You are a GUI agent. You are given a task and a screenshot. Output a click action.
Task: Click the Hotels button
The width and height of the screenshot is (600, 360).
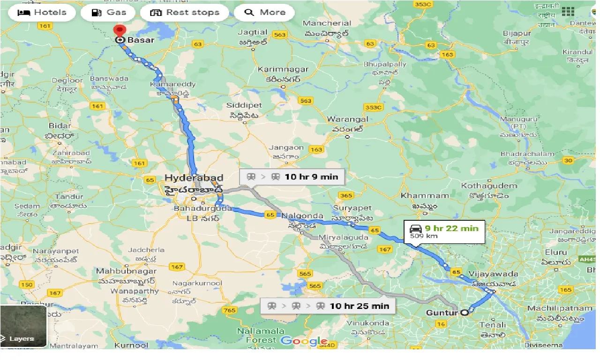(x=42, y=13)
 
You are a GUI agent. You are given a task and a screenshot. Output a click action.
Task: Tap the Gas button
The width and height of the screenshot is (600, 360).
(x=108, y=13)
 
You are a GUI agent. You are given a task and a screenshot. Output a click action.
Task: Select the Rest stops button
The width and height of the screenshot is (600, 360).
(x=184, y=13)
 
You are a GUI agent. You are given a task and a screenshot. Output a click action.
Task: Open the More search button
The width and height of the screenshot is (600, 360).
(x=264, y=13)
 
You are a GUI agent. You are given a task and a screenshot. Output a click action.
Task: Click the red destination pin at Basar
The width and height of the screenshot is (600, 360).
(x=120, y=32)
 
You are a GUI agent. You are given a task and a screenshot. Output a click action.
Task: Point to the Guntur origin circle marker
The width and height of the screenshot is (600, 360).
(x=464, y=313)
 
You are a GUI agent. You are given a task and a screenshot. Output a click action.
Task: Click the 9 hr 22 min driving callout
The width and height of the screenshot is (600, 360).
(x=444, y=232)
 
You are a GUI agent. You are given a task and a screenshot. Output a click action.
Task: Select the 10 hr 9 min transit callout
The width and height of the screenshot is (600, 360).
(x=292, y=177)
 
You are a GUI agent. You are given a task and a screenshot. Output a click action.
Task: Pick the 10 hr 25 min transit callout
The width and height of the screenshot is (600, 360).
(x=328, y=306)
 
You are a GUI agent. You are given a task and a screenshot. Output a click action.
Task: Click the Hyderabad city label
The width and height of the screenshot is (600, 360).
(x=194, y=178)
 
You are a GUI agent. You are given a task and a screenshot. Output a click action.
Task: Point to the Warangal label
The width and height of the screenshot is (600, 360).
(x=347, y=120)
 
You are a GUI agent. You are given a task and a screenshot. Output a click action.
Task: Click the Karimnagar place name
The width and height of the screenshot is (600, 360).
(x=283, y=69)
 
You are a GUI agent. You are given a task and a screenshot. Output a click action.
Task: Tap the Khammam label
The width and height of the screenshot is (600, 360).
(x=419, y=195)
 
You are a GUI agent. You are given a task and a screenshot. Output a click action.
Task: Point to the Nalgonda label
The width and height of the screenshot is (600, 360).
(x=302, y=216)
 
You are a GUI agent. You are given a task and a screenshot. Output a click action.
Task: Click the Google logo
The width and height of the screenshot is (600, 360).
(x=304, y=341)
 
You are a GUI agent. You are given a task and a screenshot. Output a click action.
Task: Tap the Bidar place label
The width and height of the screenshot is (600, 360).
(x=60, y=125)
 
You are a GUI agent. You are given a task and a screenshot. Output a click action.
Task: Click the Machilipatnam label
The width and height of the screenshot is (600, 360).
(x=554, y=308)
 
